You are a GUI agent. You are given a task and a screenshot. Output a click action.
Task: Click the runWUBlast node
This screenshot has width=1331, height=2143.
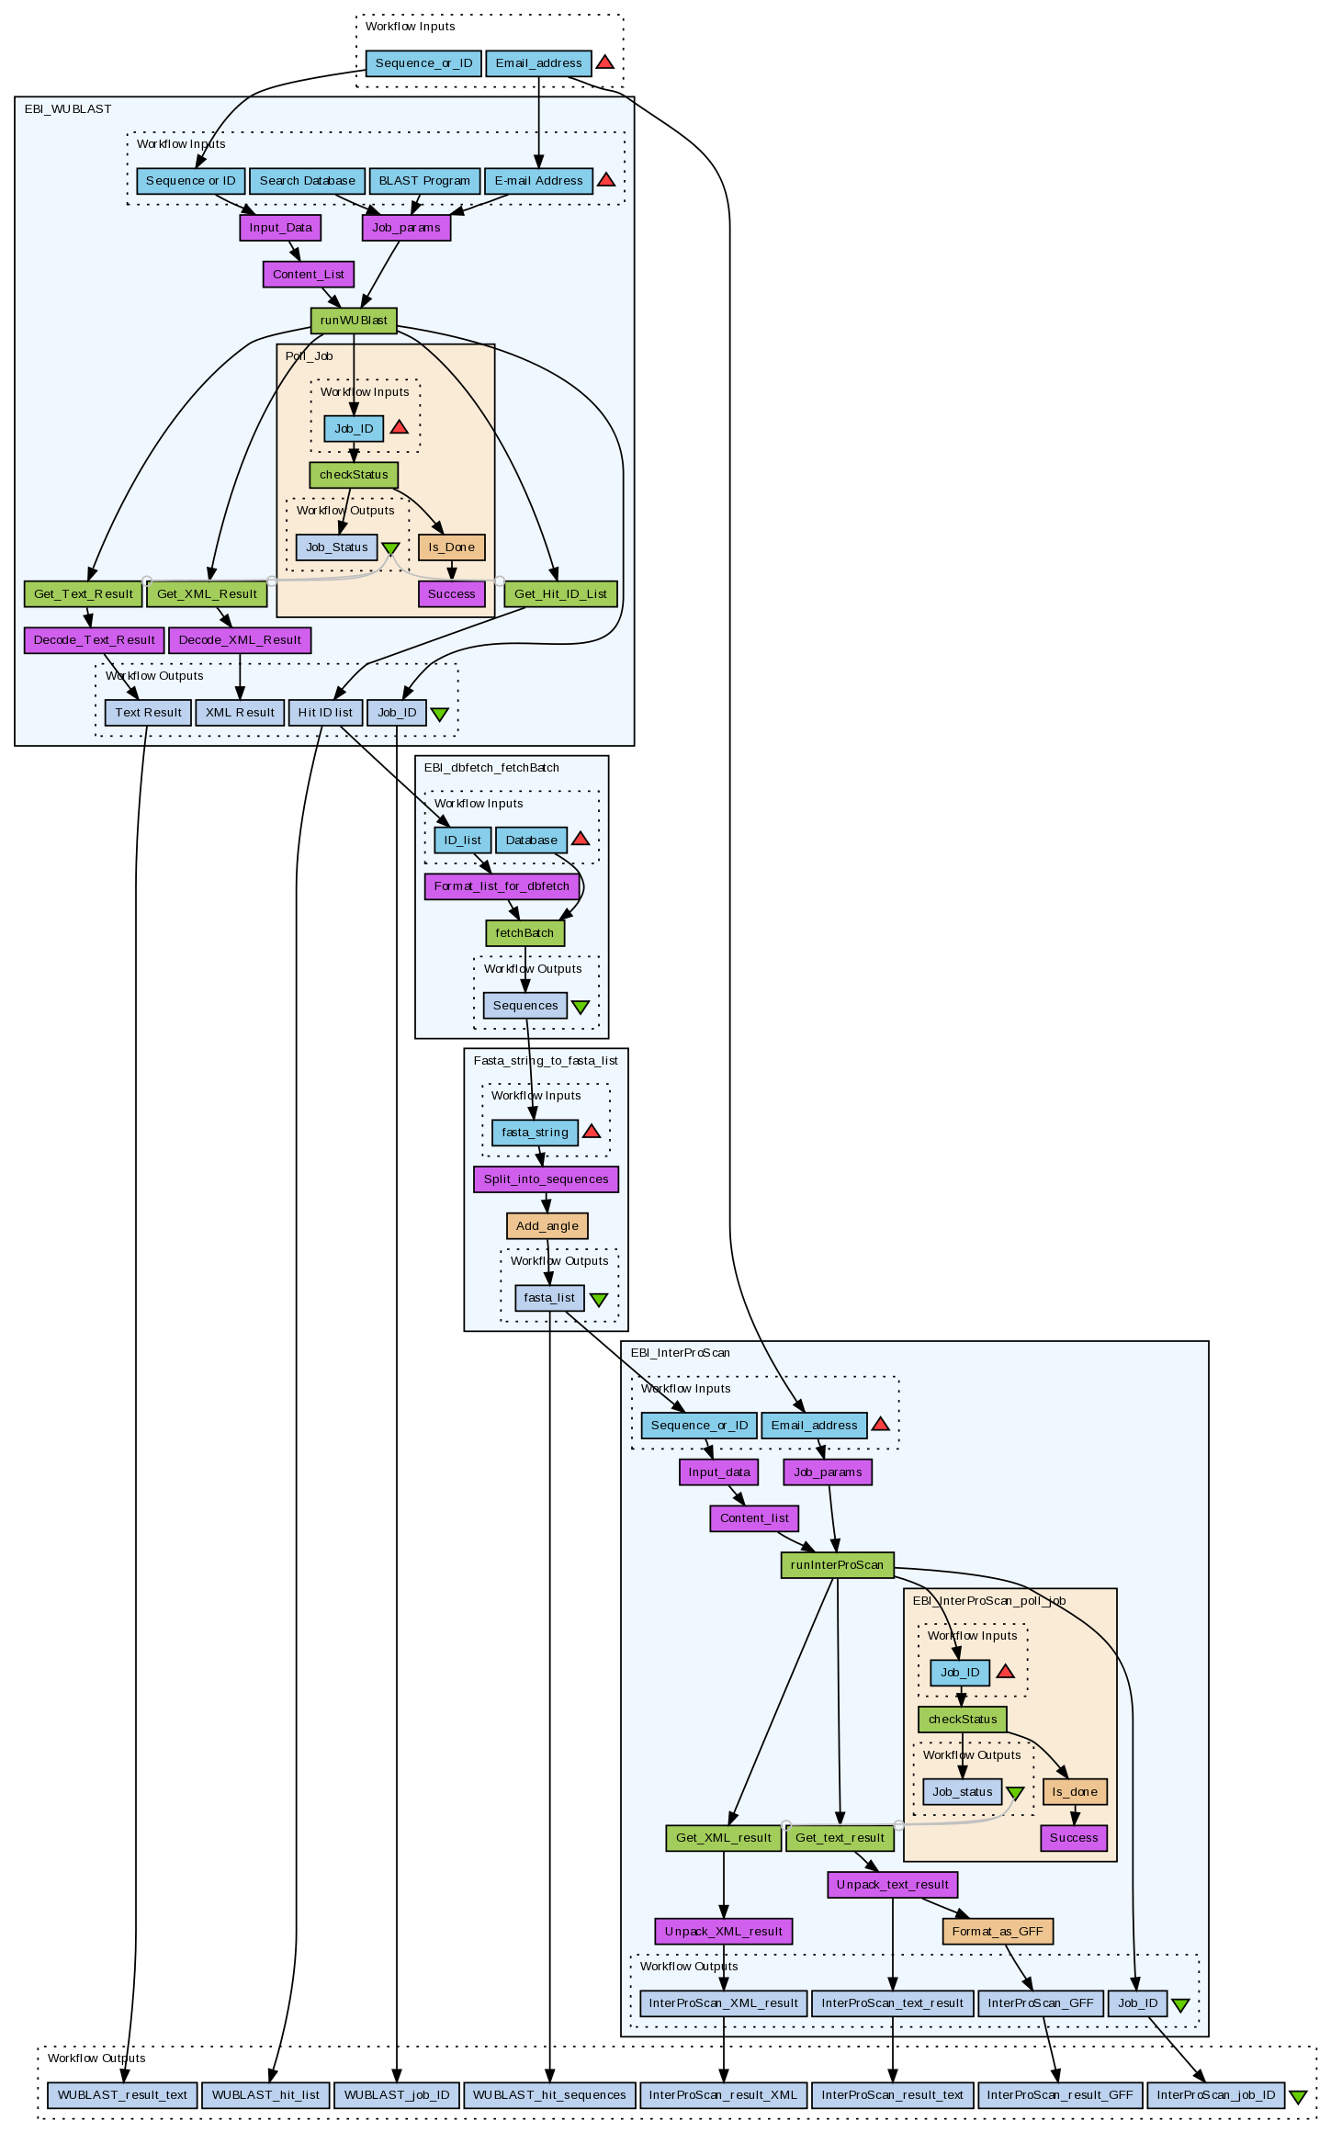coord(354,321)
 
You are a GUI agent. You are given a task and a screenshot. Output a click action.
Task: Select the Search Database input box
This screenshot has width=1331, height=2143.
coord(307,181)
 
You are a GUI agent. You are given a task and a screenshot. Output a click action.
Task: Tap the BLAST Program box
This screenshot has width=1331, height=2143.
coord(424,181)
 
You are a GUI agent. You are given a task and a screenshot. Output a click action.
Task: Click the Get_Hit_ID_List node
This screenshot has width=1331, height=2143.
coord(560,594)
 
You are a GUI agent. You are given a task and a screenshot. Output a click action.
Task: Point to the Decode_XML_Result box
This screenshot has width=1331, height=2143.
coord(240,640)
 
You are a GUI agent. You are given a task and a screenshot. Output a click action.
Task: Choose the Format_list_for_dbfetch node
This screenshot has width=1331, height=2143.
coord(502,886)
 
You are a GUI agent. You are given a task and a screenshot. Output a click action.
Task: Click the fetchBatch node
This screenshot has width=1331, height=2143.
coord(525,933)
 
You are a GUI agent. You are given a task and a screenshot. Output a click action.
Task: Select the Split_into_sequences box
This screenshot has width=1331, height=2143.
coord(546,1179)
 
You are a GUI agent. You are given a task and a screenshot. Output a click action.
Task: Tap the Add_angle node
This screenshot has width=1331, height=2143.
coord(547,1226)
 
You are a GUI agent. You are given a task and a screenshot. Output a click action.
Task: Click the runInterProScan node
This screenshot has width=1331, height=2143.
coord(837,1565)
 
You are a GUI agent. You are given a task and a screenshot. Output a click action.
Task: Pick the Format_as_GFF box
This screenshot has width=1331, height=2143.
coord(998,1932)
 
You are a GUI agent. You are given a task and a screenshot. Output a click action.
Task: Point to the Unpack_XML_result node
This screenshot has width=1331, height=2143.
coord(723,1932)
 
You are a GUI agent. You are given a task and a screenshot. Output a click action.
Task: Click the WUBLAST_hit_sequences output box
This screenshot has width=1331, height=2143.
coord(549,2095)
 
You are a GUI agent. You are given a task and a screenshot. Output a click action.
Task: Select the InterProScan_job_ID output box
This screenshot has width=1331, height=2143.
coord(1215,2095)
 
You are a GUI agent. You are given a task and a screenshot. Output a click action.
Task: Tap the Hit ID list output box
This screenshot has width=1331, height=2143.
coord(325,713)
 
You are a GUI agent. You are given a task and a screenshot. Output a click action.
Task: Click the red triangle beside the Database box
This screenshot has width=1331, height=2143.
coord(581,839)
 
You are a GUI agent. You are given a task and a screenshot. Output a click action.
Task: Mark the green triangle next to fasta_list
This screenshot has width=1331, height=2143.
coord(598,1300)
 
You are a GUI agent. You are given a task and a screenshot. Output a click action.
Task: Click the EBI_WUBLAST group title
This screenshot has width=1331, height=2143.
coord(68,109)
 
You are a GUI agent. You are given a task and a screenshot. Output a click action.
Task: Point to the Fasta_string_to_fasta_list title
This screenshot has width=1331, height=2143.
coord(546,1061)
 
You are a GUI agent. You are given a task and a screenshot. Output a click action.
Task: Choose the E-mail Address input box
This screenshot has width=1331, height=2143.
coord(538,181)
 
